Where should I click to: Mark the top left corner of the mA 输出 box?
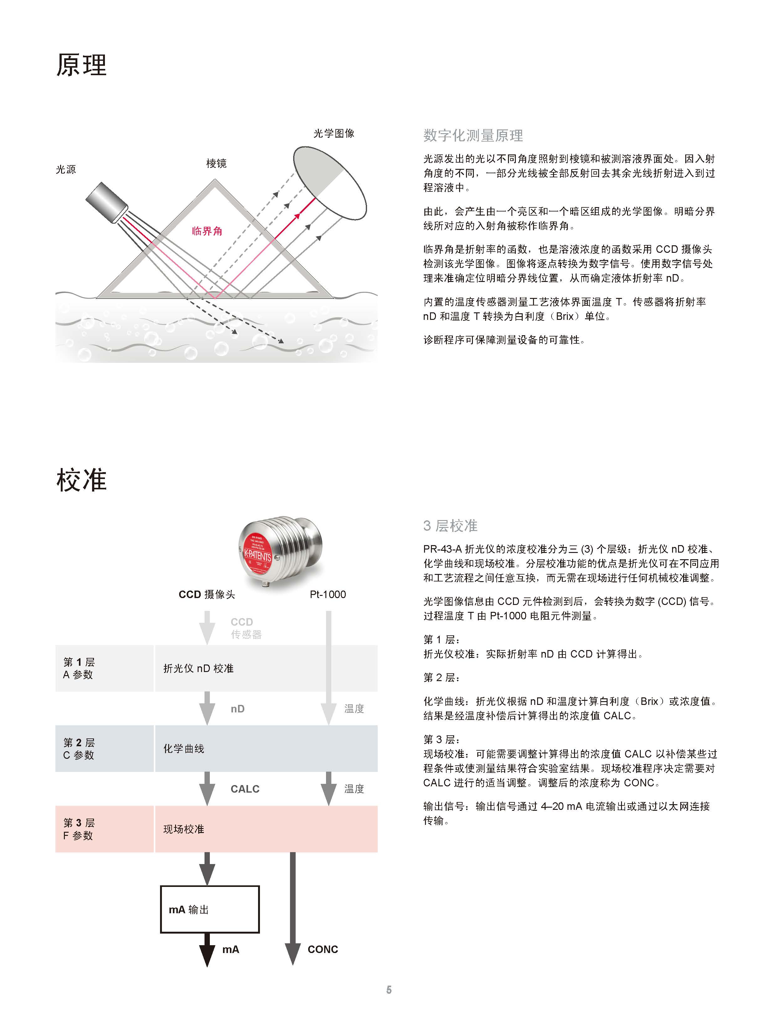tap(160, 886)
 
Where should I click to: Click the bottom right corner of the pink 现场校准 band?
tap(377, 852)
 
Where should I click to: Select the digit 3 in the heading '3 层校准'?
tap(427, 526)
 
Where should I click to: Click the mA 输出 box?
tap(210, 909)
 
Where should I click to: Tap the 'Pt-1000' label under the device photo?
tap(328, 595)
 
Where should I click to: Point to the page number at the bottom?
tap(389, 990)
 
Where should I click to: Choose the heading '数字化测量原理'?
tap(473, 136)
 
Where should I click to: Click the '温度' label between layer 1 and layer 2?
tap(354, 709)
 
